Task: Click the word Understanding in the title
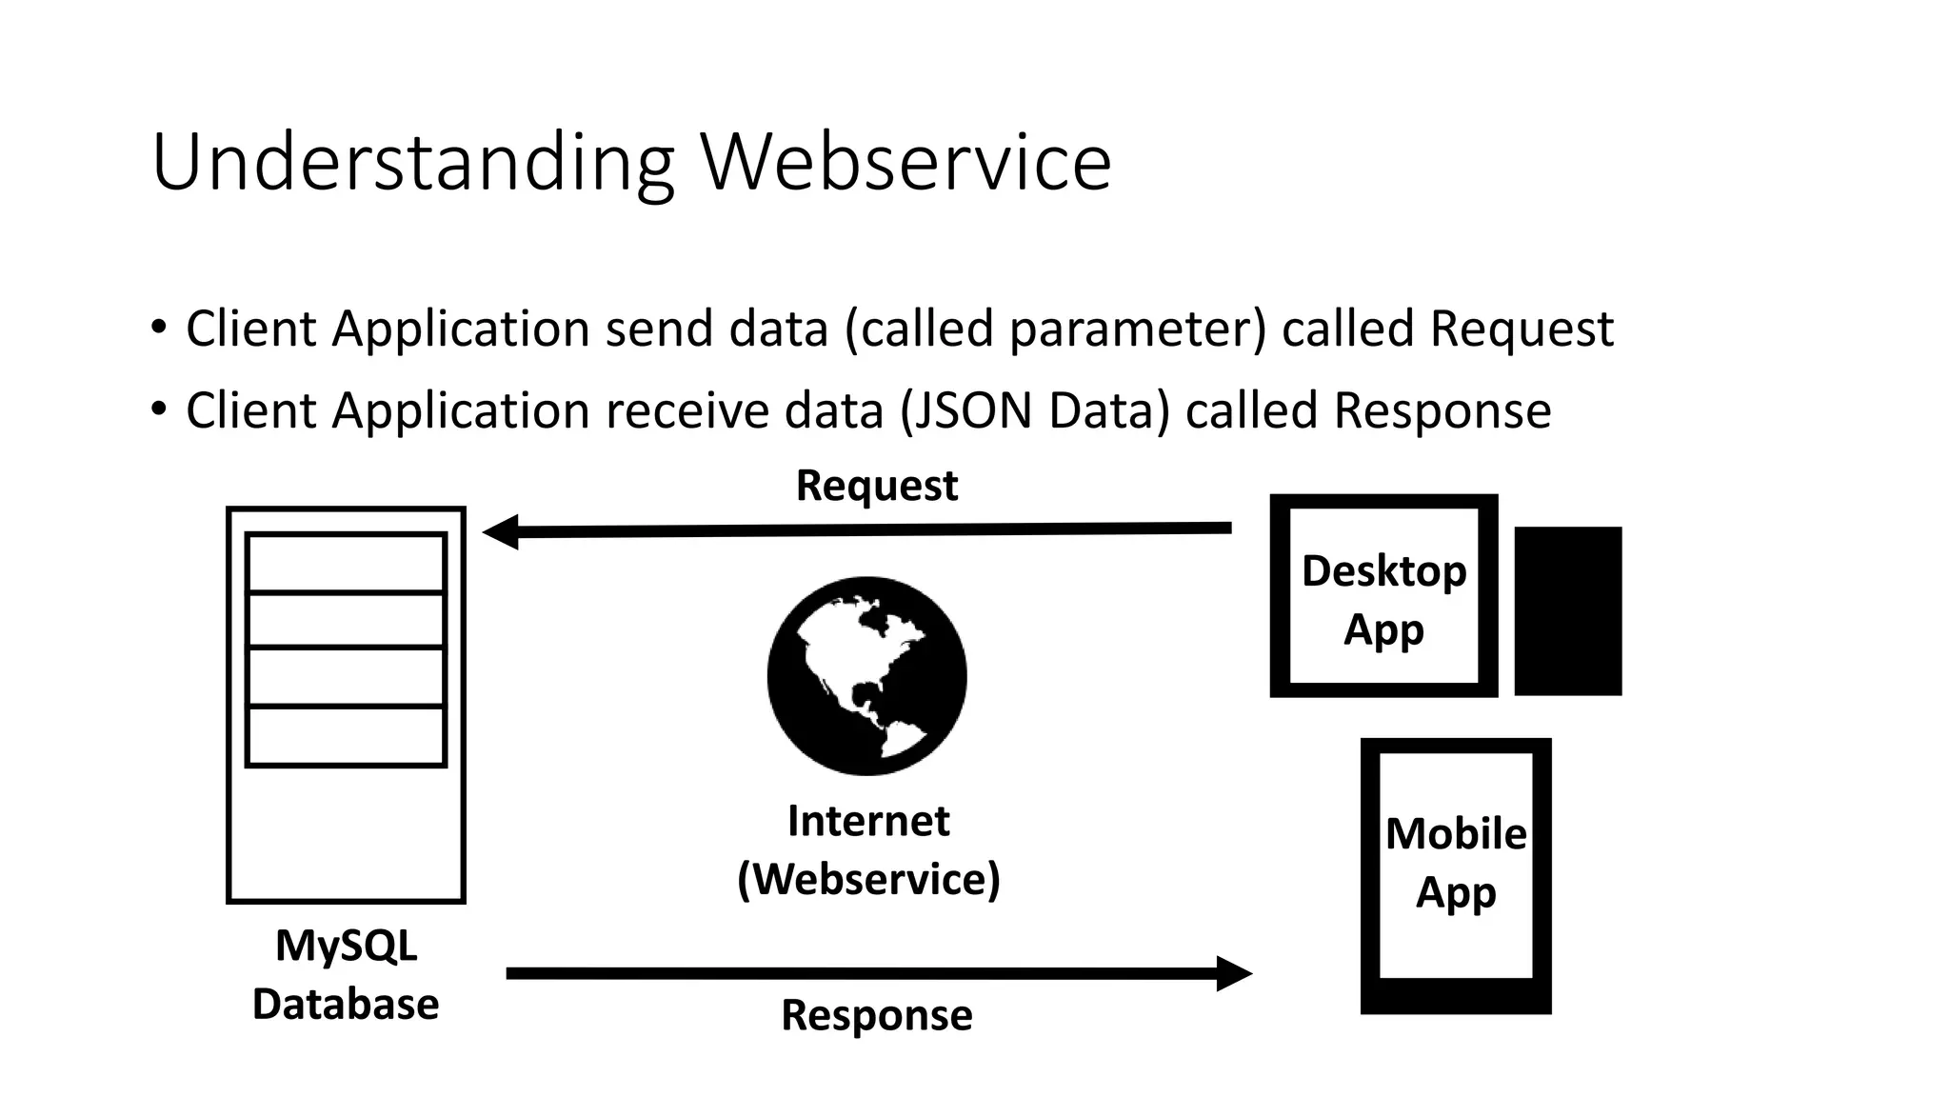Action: (412, 162)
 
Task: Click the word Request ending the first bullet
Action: (1521, 329)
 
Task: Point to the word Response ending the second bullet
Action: (1442, 411)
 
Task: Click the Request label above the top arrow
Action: (876, 486)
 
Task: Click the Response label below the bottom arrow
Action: (876, 1015)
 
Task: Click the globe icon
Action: (866, 675)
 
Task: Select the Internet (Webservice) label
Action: (868, 849)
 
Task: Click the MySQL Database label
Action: (346, 975)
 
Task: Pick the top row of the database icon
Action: (346, 563)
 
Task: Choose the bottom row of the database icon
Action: (346, 735)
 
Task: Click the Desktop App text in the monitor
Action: (1383, 600)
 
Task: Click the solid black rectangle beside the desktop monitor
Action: (1567, 610)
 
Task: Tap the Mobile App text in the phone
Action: (1456, 863)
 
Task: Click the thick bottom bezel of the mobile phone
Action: (1456, 997)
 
